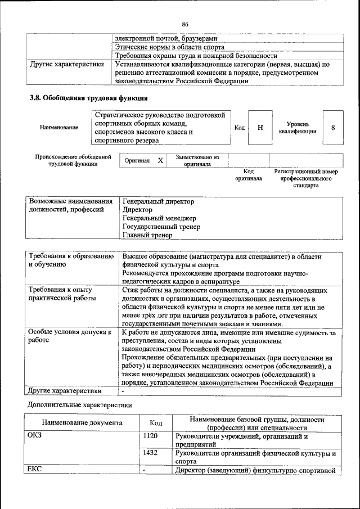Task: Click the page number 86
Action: (184, 24)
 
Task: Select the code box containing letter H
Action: (260, 128)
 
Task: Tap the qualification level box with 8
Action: (333, 128)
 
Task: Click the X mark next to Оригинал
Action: (160, 161)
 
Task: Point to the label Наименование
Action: (59, 128)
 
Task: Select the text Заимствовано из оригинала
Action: (197, 161)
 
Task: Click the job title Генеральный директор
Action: (158, 201)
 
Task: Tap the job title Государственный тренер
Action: (161, 227)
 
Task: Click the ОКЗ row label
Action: (35, 436)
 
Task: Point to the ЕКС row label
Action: (35, 470)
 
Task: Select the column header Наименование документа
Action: (82, 423)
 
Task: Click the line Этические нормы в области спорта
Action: (165, 47)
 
